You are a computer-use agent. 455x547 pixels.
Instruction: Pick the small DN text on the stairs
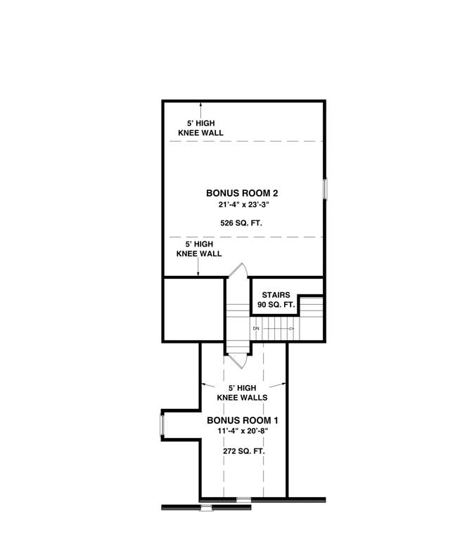[x=256, y=328]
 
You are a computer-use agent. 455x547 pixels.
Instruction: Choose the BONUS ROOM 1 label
[x=237, y=420]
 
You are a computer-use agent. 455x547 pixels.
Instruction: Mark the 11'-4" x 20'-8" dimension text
[x=237, y=432]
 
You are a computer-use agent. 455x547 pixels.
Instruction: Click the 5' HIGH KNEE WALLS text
[x=242, y=392]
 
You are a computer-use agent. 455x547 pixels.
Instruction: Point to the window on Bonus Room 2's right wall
[x=325, y=189]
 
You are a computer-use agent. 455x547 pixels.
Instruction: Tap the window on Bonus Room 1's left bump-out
[x=162, y=425]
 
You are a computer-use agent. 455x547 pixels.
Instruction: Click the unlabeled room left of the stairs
[x=193, y=309]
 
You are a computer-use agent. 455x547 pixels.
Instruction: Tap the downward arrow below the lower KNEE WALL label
[x=199, y=272]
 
